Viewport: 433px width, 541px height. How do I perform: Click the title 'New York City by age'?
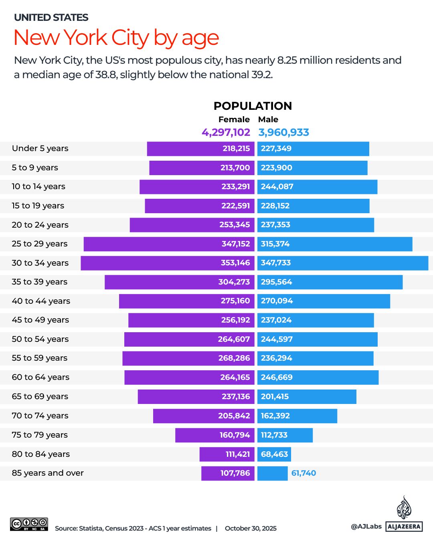(x=116, y=38)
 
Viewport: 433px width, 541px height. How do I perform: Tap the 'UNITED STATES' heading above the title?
(x=51, y=18)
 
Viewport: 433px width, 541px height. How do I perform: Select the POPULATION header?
(x=253, y=106)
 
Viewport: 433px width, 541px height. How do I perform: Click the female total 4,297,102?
(x=226, y=132)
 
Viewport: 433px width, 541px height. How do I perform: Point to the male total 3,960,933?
(x=284, y=132)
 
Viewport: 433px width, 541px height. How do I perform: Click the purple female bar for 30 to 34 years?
(x=148, y=263)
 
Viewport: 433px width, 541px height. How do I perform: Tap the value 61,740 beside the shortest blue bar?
(x=304, y=473)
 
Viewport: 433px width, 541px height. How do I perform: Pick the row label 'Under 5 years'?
(x=40, y=149)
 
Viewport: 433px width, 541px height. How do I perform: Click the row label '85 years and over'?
(x=48, y=473)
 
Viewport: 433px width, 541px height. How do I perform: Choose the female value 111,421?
(x=238, y=454)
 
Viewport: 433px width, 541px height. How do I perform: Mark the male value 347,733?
(x=276, y=263)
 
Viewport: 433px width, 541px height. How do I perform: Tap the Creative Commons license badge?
(x=29, y=524)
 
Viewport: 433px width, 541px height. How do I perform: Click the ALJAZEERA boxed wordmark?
(x=404, y=527)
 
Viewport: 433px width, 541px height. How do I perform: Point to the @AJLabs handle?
(x=366, y=527)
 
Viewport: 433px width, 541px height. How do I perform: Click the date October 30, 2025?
(x=251, y=529)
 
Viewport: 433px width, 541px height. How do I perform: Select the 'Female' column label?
(x=234, y=119)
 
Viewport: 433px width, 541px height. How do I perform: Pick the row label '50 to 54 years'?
(x=40, y=339)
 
